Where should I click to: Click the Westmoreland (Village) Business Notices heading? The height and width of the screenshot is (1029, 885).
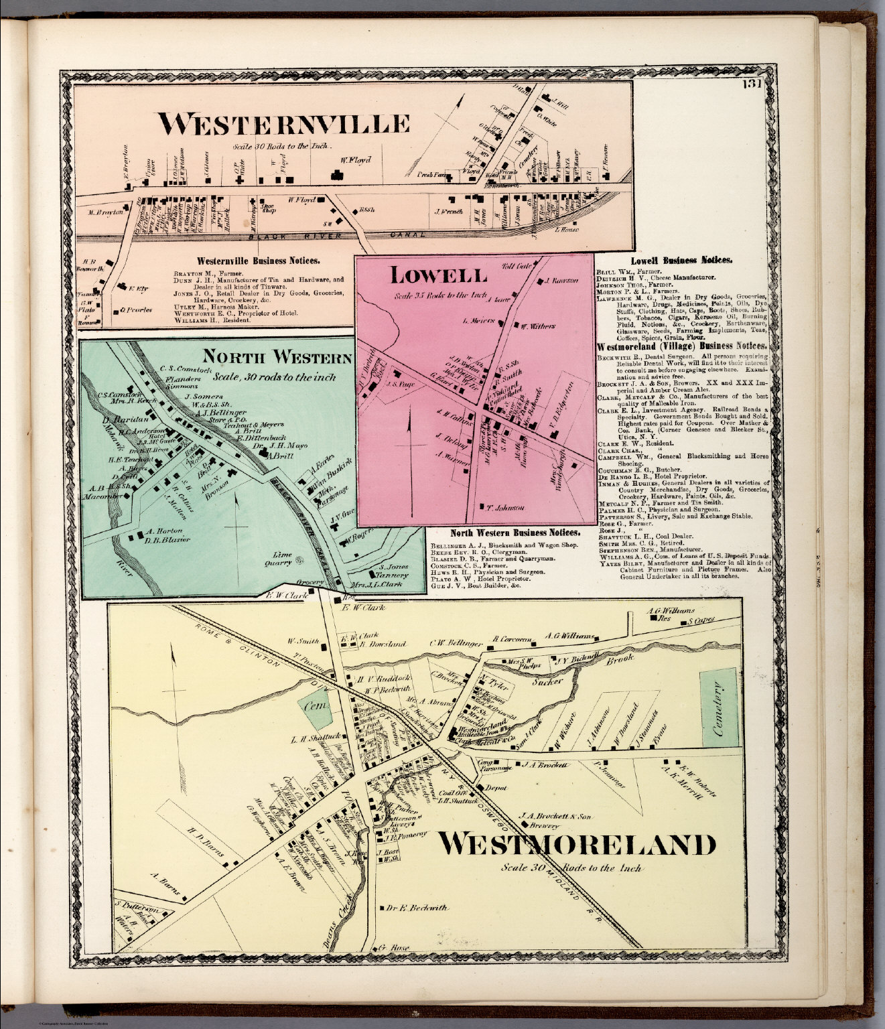[683, 347]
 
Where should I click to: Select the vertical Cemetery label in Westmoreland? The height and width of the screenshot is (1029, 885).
[720, 709]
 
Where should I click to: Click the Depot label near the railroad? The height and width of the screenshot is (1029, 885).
[500, 788]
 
